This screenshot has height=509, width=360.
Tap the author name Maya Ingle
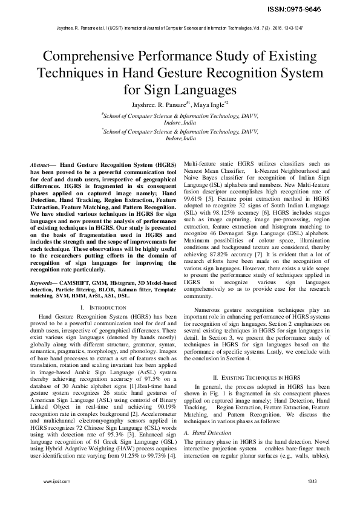(x=210, y=103)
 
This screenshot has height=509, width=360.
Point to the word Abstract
(x=41, y=165)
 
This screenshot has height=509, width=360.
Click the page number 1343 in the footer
(x=312, y=498)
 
